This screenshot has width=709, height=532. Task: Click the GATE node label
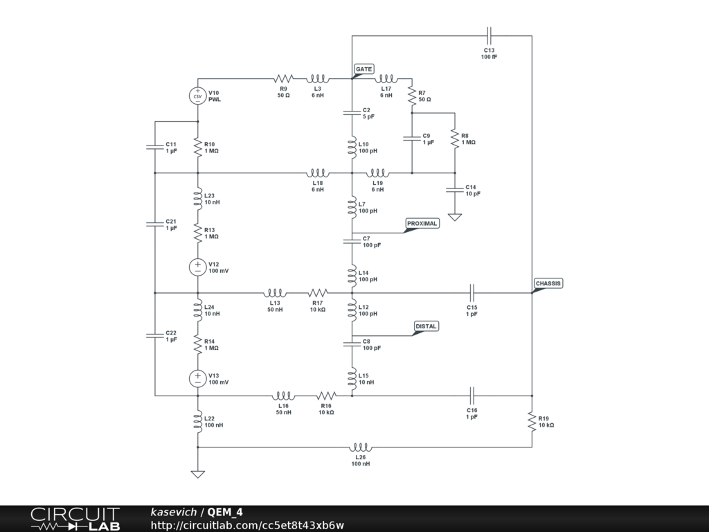[364, 69]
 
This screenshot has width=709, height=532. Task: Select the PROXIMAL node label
[422, 224]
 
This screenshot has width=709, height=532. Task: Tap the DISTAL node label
[426, 326]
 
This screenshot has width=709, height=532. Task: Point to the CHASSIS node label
[548, 283]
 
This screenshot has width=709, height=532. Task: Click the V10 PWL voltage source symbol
[197, 96]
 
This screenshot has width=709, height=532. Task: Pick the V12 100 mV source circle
[197, 267]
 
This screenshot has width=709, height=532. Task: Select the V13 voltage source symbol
[197, 379]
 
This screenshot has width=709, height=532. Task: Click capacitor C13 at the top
[490, 36]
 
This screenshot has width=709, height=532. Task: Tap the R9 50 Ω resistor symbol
[283, 79]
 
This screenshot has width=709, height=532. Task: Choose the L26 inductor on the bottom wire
[360, 447]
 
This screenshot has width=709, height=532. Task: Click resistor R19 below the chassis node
[532, 422]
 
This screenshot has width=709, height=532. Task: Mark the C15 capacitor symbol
[472, 293]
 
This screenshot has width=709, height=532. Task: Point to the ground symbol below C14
[455, 217]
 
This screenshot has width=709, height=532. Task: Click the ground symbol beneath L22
[197, 474]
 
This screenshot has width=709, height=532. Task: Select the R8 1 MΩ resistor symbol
[455, 139]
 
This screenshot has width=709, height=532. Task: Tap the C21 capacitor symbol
[154, 224]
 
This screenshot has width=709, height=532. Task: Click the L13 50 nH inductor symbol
[275, 293]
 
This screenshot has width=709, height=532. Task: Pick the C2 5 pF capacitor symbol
[352, 113]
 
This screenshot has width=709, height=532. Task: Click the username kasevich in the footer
[174, 512]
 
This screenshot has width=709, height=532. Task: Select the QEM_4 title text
[225, 512]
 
